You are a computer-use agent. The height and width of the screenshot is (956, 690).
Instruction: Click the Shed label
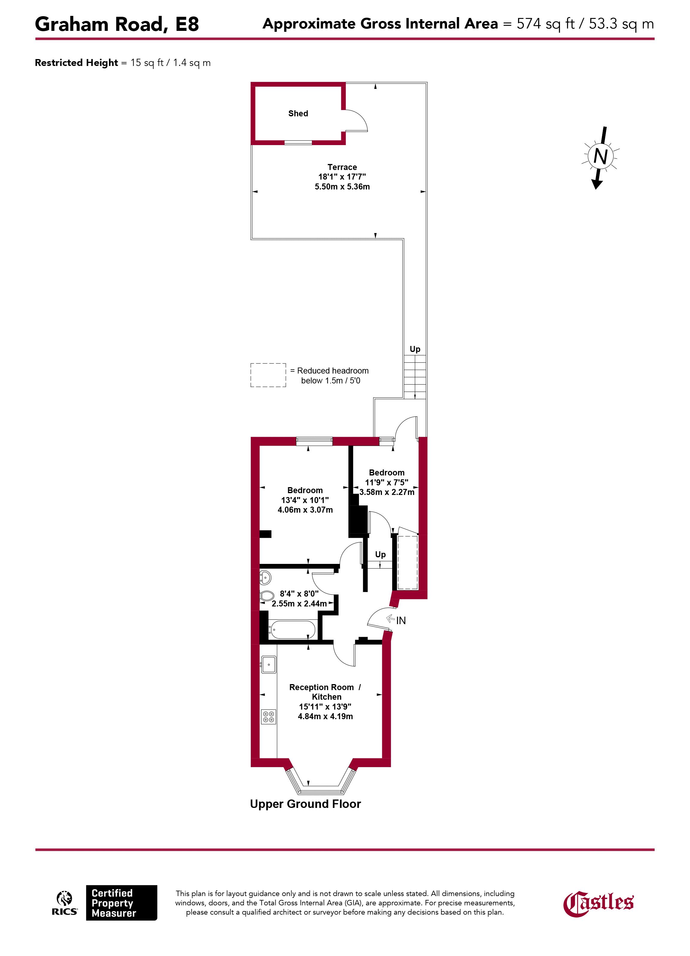point(298,113)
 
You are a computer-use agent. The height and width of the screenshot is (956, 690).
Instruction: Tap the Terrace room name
point(342,167)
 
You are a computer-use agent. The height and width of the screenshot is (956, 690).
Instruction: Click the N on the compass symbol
point(600,156)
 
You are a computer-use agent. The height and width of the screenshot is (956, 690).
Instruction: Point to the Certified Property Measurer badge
point(121,902)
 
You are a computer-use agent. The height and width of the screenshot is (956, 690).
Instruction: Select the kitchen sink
point(268,665)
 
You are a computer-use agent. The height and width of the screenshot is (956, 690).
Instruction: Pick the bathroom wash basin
point(265,577)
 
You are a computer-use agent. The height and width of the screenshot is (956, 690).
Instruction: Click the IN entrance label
point(401,621)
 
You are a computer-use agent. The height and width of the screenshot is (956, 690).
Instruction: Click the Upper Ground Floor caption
point(305,804)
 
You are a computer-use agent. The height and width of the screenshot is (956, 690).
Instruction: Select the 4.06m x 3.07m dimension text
point(305,510)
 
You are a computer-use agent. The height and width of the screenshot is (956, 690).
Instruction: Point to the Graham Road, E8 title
point(117,24)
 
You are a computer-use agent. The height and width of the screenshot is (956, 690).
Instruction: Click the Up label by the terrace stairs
point(415,349)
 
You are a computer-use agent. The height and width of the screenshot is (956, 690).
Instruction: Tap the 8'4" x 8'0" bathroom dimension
point(299,594)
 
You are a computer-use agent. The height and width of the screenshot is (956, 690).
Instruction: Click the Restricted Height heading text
point(76,63)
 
